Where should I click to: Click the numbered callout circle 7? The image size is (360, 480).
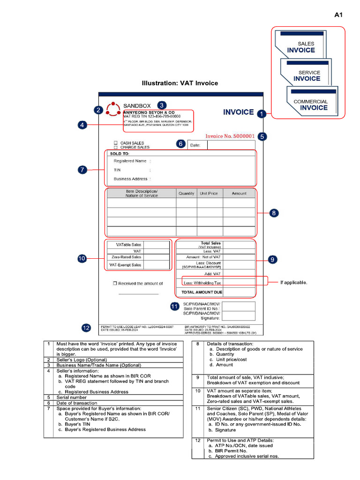click(x=82, y=170)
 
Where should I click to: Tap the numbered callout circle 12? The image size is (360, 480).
click(x=86, y=328)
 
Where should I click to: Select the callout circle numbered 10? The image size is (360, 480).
click(x=82, y=258)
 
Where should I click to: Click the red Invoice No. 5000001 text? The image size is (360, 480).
click(x=230, y=136)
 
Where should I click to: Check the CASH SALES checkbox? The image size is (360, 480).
click(x=115, y=143)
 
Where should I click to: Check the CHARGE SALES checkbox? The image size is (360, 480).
click(x=115, y=147)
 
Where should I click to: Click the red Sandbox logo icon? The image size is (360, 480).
click(x=112, y=109)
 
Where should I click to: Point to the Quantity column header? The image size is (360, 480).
click(x=186, y=193)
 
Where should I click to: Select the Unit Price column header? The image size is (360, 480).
click(x=209, y=193)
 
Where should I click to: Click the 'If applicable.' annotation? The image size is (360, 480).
click(x=294, y=282)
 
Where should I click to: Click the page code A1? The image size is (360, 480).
click(x=338, y=15)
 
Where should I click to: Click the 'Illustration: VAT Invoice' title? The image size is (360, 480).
click(x=180, y=83)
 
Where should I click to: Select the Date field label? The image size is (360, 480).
click(x=195, y=145)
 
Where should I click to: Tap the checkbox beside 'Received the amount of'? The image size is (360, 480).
click(x=115, y=284)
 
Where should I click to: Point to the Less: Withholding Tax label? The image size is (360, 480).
click(x=202, y=283)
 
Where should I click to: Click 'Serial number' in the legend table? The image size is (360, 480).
click(x=72, y=397)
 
